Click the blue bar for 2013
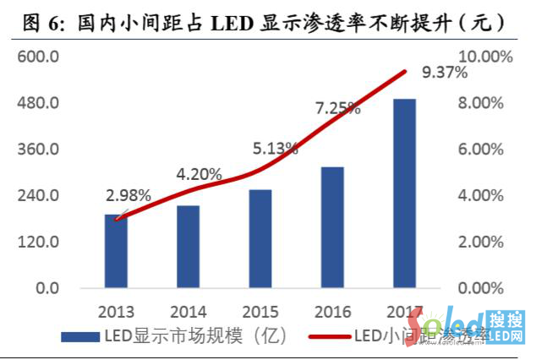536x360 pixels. point(117,251)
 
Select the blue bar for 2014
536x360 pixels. point(188,247)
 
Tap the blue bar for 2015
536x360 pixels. point(260,239)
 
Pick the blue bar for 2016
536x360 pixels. point(332,227)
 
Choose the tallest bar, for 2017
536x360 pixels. point(404,194)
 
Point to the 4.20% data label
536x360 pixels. point(200,175)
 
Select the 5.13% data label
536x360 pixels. point(276,149)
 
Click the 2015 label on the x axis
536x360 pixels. point(260,310)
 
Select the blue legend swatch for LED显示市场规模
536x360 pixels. point(81,338)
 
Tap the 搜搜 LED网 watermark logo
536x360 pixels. point(506,328)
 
